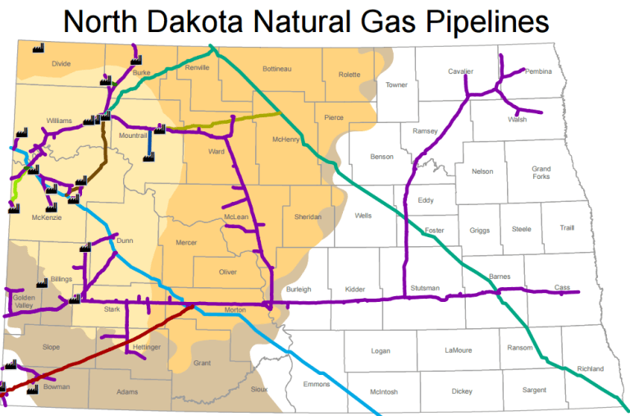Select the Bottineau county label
pyautogui.click(x=277, y=69)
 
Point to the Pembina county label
pyautogui.click(x=538, y=71)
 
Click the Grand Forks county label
pyautogui.click(x=541, y=173)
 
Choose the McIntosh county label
pyautogui.click(x=383, y=392)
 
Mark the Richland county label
pyautogui.click(x=590, y=368)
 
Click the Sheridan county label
pyautogui.click(x=308, y=217)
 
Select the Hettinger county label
pyautogui.click(x=146, y=347)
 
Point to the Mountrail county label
pyautogui.click(x=132, y=135)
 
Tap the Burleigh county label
pyautogui.click(x=299, y=290)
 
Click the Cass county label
pyautogui.click(x=562, y=287)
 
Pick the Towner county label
pyautogui.click(x=396, y=85)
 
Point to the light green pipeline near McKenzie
pyautogui.click(x=14, y=188)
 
